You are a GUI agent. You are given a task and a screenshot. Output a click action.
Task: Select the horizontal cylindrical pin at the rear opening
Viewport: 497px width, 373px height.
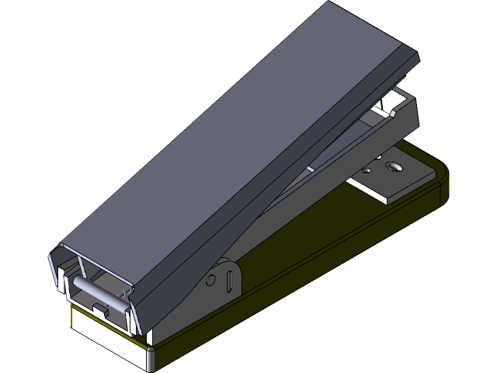[96, 288]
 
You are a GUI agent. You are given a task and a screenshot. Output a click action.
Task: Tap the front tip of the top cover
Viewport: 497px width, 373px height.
[408, 56]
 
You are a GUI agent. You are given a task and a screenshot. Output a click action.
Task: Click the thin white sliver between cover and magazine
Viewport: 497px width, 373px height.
[311, 167]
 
